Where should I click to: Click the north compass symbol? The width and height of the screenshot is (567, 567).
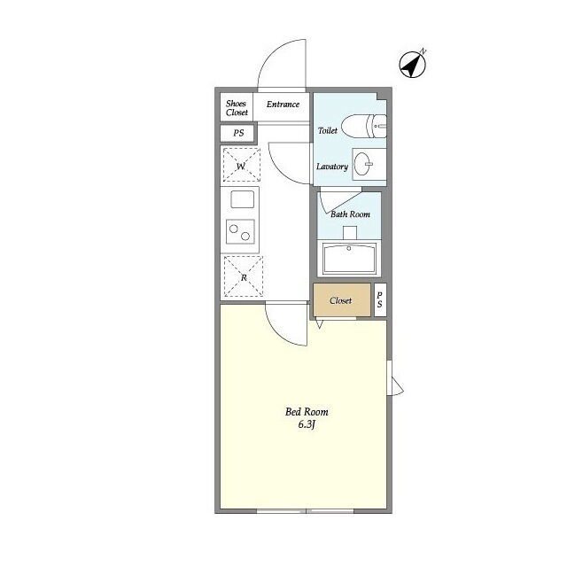coord(413,64)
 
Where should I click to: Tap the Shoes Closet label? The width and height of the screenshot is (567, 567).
coord(237,108)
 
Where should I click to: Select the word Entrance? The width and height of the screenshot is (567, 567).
coord(283,105)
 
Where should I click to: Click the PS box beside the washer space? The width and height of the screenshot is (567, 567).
coord(238,133)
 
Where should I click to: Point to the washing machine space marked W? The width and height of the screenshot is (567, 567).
coord(242,166)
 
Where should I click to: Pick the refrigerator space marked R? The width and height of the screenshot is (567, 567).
coord(244,276)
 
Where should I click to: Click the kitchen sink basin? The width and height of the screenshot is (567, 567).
coord(242,199)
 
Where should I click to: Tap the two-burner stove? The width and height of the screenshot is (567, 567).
coord(240,232)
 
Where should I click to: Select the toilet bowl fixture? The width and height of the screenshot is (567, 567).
coord(364,126)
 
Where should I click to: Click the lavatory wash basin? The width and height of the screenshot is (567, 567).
coord(362,164)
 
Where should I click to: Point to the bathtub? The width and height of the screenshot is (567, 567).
coord(349,258)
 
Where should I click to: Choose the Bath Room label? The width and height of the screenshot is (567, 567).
coord(350,214)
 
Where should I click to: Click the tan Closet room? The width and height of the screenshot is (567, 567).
coord(342,300)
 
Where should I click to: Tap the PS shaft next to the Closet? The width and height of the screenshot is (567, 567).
coord(380,300)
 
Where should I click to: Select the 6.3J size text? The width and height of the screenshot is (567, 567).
coord(307,424)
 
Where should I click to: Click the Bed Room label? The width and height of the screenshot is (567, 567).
coord(307,411)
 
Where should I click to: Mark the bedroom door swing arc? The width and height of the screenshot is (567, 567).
coord(278,334)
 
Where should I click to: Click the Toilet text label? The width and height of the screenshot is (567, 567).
coord(328,130)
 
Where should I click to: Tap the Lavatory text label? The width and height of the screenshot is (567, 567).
coord(332,167)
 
